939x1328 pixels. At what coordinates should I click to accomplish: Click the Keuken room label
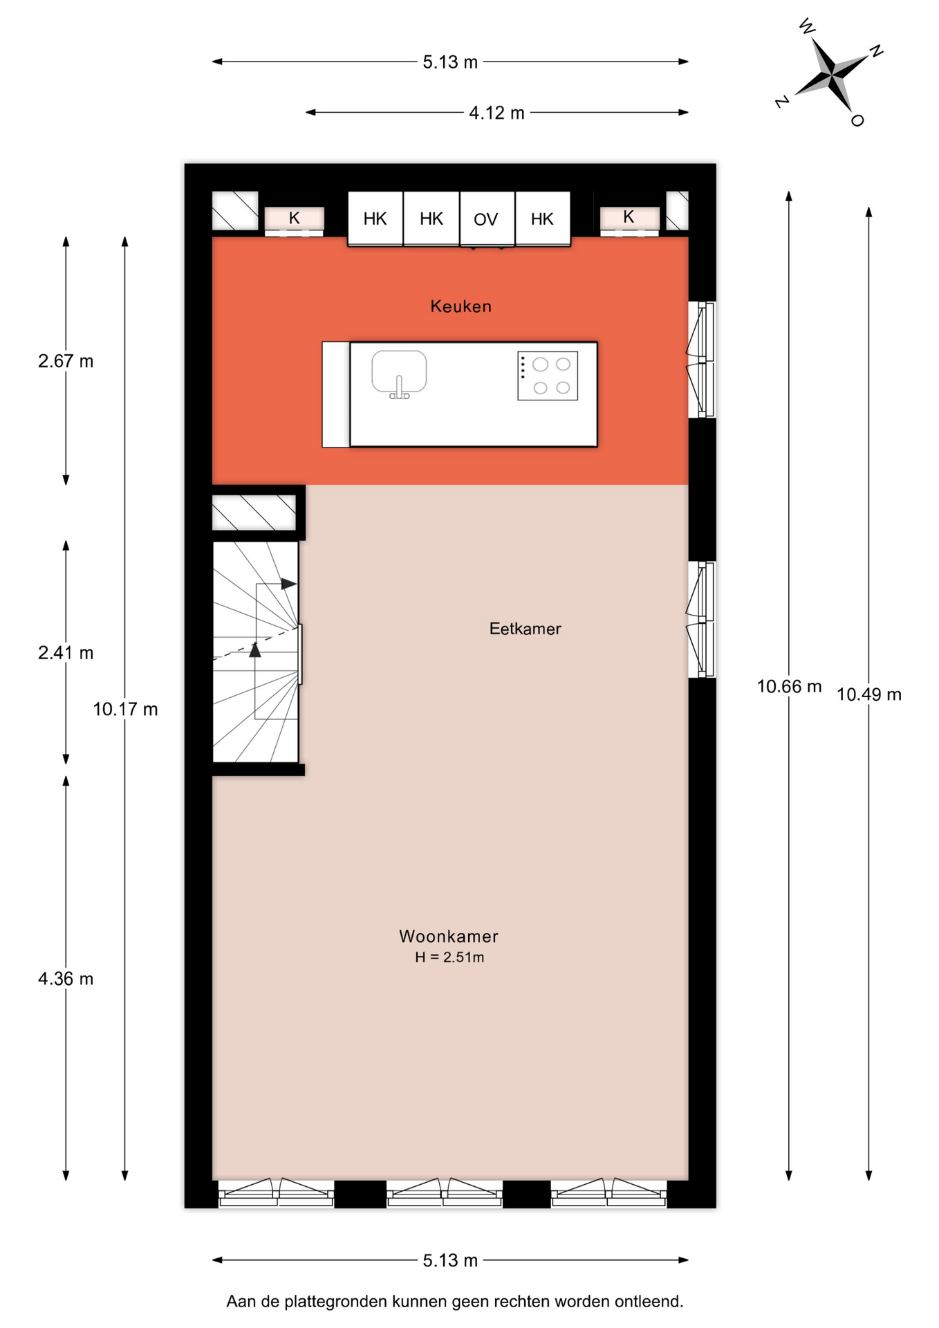(461, 306)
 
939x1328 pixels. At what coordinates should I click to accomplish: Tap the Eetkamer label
(525, 629)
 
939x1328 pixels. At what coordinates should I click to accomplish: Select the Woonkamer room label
(449, 937)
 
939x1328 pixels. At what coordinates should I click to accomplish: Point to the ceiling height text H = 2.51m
(449, 958)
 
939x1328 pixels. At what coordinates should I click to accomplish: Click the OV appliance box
(487, 219)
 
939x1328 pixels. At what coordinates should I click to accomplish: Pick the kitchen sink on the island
(399, 373)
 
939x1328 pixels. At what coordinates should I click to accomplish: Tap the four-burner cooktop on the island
(548, 376)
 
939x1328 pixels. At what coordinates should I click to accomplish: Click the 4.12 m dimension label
(496, 113)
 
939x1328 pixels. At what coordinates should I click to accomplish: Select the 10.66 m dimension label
(789, 687)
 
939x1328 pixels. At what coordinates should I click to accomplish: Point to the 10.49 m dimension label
(869, 694)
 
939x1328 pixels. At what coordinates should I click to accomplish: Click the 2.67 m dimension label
(66, 361)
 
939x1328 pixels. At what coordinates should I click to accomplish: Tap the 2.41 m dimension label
(66, 653)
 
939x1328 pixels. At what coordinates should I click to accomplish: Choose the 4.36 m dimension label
(66, 979)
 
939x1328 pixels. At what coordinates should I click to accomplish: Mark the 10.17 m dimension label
(125, 710)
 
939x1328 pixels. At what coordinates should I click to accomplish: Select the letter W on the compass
(807, 27)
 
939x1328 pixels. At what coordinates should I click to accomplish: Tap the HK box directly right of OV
(543, 219)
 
